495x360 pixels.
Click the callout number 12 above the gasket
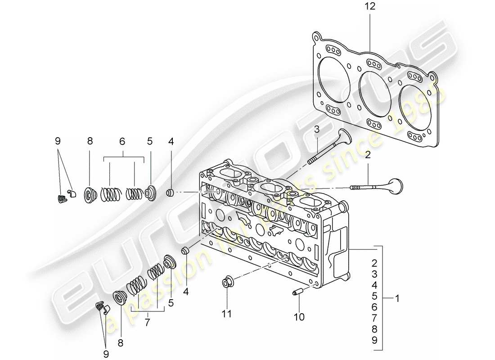[x=370, y=7]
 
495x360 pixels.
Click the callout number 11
[x=227, y=314]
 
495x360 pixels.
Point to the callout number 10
[x=299, y=317]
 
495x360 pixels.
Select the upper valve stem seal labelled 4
[x=171, y=193]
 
